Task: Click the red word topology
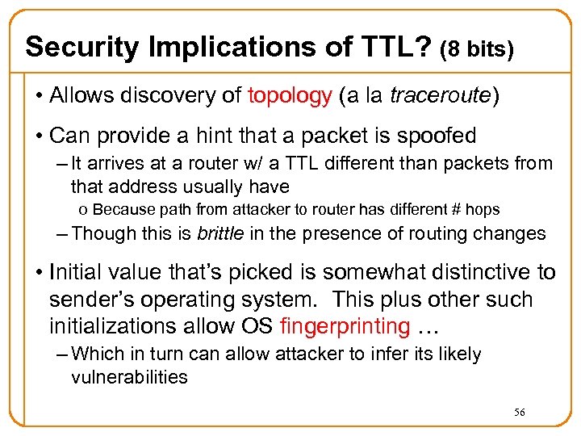(x=290, y=96)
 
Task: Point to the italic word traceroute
(x=440, y=96)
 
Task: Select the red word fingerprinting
(x=345, y=325)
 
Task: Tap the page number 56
(x=520, y=413)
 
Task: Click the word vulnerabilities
(x=129, y=376)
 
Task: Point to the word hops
(x=482, y=210)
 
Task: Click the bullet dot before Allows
(x=38, y=97)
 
